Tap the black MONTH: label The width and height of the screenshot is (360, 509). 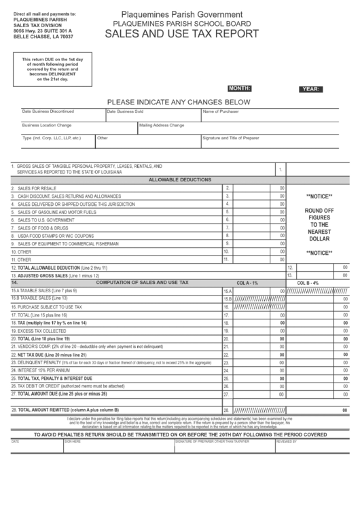(x=240, y=88)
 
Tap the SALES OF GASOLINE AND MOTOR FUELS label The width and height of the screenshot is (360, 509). (x=57, y=212)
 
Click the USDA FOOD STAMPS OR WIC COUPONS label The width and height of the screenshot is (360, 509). (x=56, y=236)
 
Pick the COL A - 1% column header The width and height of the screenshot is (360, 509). (x=248, y=282)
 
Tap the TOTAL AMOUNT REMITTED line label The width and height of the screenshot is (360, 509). (x=68, y=410)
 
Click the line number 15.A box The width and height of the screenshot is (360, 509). (x=227, y=291)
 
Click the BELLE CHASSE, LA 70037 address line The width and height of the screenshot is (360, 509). (x=42, y=37)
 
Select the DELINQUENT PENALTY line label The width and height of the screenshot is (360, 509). (x=44, y=362)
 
